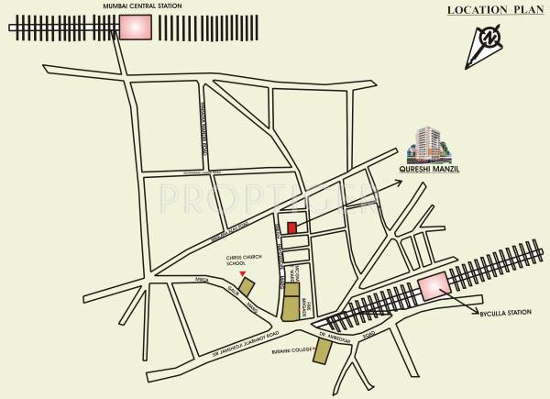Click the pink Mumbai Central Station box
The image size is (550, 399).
point(135,28)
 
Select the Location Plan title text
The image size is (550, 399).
point(489,10)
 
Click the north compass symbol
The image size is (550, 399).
point(492,41)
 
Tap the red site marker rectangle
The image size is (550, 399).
point(291,227)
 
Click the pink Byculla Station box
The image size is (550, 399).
point(432,286)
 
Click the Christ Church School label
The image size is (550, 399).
point(241,260)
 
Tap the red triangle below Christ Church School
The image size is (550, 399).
point(242,274)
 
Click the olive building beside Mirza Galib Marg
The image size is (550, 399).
point(248,287)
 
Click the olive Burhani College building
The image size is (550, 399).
point(321,351)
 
